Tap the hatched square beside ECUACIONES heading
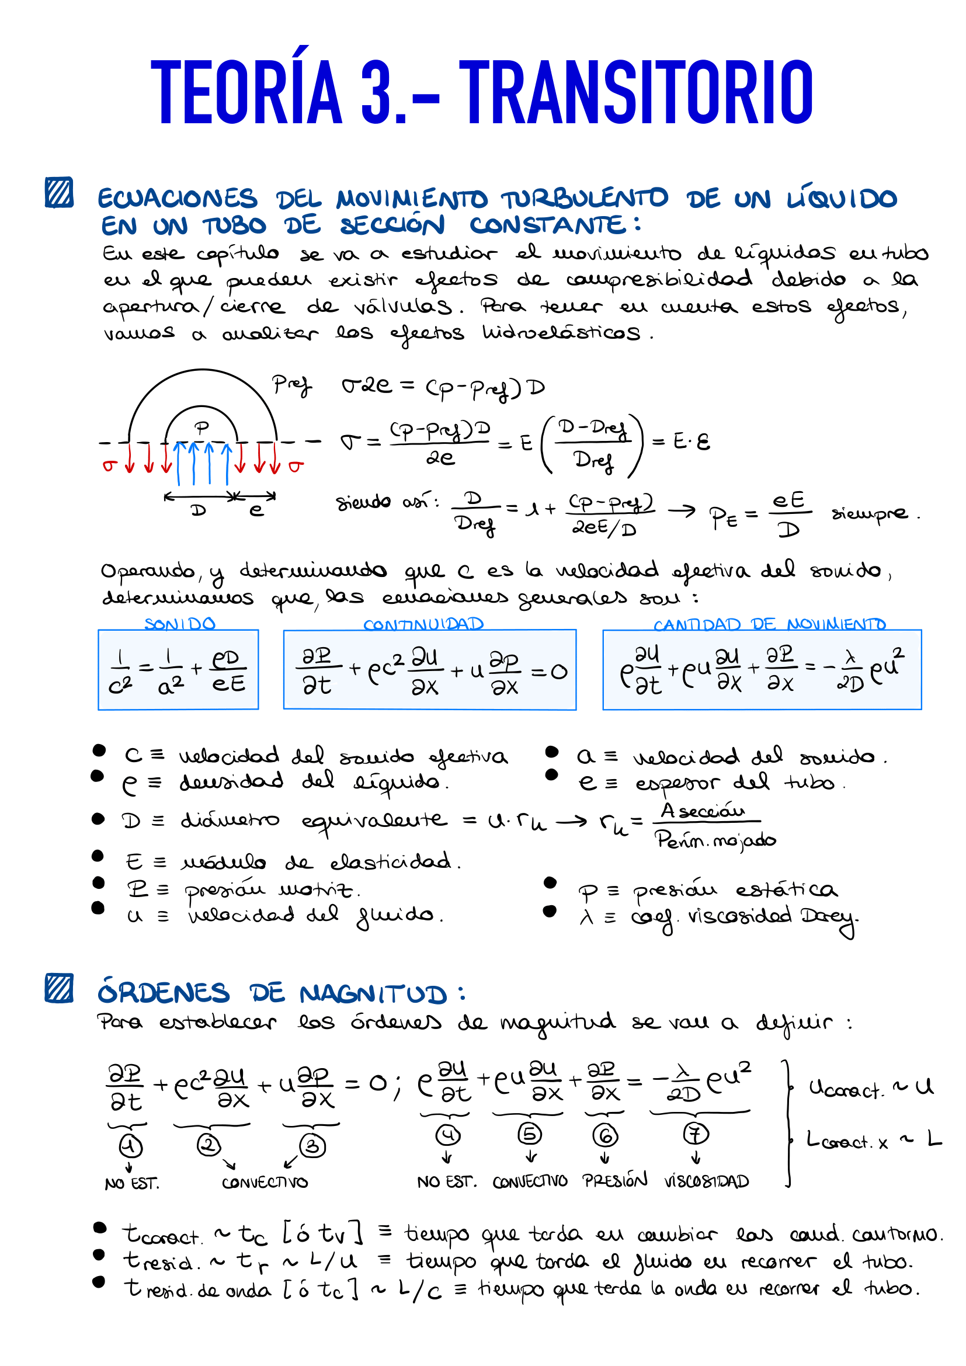60,192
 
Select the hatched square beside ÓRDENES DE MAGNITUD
60,988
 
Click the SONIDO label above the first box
180,624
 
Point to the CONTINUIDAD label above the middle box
423,624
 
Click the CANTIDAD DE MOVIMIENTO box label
770,624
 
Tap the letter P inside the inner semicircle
202,427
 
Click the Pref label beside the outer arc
291,385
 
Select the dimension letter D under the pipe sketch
199,510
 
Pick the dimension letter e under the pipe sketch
256,510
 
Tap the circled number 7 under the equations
696,1134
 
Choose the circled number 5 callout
529,1134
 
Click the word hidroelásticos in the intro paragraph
561,332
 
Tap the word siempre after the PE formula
870,513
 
